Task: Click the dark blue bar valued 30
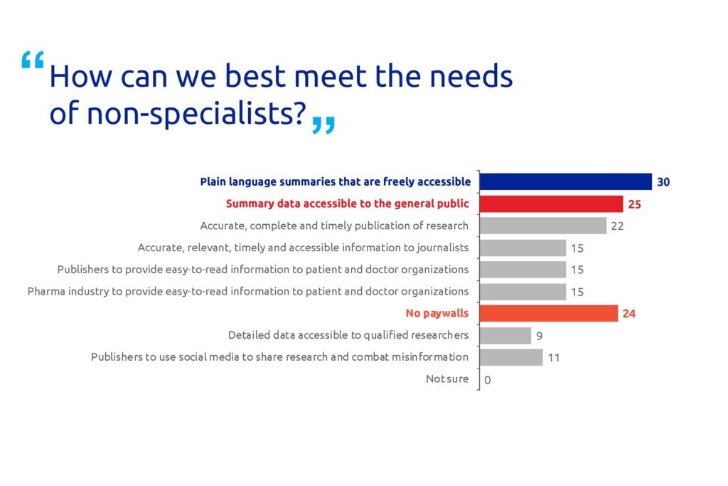565,181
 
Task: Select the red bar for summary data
551,204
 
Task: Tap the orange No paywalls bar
549,314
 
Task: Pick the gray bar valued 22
542,226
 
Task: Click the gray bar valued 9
505,335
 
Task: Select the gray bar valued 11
511,357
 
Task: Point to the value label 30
663,182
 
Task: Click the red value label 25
634,204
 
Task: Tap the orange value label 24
628,314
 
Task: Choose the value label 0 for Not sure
488,380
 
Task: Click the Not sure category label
447,379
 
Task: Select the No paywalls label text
437,313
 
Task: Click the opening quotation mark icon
33,60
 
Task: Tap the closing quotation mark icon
323,125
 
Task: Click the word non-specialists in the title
196,113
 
